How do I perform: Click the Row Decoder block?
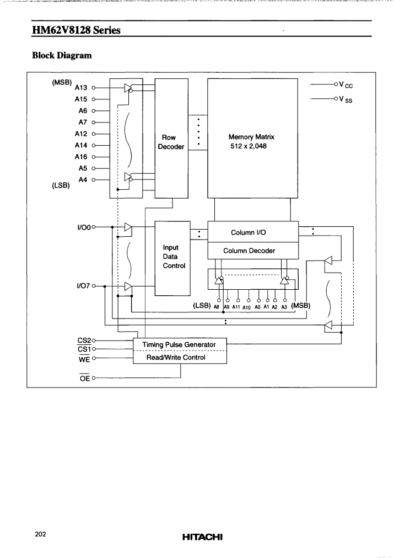pyautogui.click(x=171, y=138)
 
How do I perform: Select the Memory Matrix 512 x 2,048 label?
pyautogui.click(x=251, y=141)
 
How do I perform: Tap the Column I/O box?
pyautogui.click(x=253, y=232)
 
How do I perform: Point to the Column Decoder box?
pyautogui.click(x=253, y=251)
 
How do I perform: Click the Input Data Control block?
pyautogui.click(x=172, y=258)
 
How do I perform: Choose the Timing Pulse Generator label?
pyautogui.click(x=179, y=344)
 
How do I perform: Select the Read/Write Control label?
pyautogui.click(x=176, y=357)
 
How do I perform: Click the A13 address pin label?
pyautogui.click(x=80, y=88)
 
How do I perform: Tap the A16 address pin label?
pyautogui.click(x=80, y=157)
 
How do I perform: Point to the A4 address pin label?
pyautogui.click(x=83, y=180)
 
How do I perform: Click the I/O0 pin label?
pyautogui.click(x=84, y=226)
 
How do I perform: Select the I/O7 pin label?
pyautogui.click(x=84, y=286)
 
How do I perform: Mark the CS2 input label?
pyautogui.click(x=84, y=341)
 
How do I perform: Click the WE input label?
pyautogui.click(x=84, y=359)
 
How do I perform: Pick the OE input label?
pyautogui.click(x=85, y=378)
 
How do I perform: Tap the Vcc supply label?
pyautogui.click(x=346, y=84)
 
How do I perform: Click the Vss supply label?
pyautogui.click(x=346, y=99)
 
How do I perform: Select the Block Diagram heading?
pyautogui.click(x=62, y=55)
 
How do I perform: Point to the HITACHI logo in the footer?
pyautogui.click(x=202, y=536)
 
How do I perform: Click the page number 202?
pyautogui.click(x=40, y=534)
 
